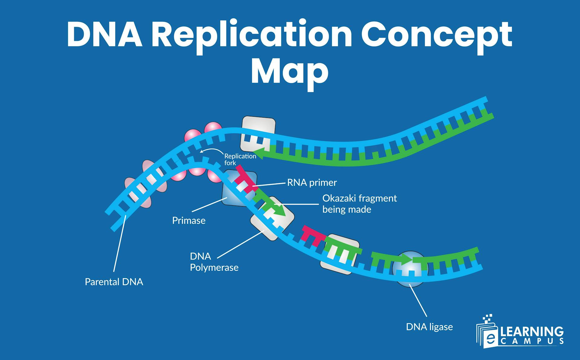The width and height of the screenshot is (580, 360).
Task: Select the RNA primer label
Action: pos(312,183)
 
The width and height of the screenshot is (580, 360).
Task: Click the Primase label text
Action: pos(188,220)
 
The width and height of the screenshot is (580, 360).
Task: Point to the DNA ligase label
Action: pos(429,327)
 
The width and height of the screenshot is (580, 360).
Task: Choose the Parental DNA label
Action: pos(114,282)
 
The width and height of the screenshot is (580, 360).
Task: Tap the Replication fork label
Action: pos(240,159)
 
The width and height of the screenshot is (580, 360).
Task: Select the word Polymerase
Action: pos(214,267)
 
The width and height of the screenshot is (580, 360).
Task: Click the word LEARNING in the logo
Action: pos(532,332)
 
